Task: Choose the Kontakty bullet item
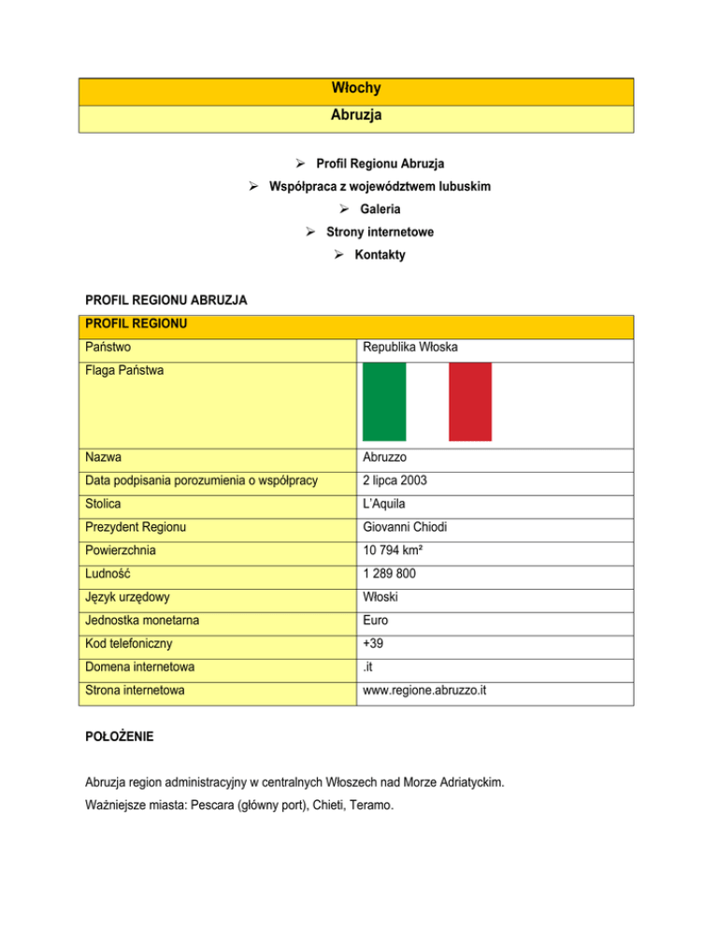(380, 254)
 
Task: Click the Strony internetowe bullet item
(380, 232)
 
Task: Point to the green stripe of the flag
(383, 401)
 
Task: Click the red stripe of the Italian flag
(470, 401)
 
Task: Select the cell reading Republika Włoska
(410, 350)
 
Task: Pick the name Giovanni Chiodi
(403, 527)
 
